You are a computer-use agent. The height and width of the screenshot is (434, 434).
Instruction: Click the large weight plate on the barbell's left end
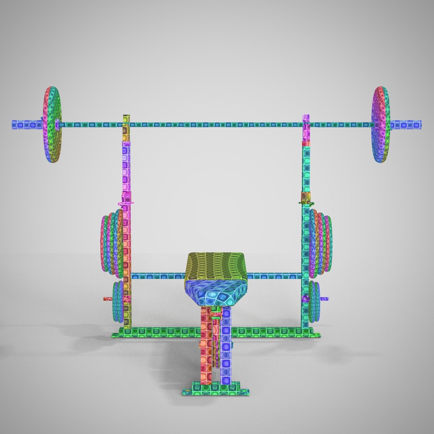(53, 125)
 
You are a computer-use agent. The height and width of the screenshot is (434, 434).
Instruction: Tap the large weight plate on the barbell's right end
(380, 125)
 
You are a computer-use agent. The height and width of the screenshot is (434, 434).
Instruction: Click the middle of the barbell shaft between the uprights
(217, 125)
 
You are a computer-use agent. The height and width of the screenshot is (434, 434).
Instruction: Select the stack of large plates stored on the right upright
(321, 243)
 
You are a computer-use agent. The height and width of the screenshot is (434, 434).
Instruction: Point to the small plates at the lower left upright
(118, 301)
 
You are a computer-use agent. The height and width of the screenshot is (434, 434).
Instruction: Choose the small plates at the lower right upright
(314, 301)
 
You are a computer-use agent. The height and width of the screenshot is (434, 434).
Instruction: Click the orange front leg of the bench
(206, 346)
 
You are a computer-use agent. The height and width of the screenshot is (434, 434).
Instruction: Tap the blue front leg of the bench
(226, 346)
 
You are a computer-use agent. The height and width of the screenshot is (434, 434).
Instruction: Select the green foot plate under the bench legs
(216, 391)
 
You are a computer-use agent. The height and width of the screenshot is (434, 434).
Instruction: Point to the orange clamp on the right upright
(305, 197)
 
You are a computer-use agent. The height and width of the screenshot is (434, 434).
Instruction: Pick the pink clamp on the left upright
(127, 199)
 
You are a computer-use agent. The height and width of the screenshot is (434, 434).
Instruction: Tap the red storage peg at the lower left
(108, 299)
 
